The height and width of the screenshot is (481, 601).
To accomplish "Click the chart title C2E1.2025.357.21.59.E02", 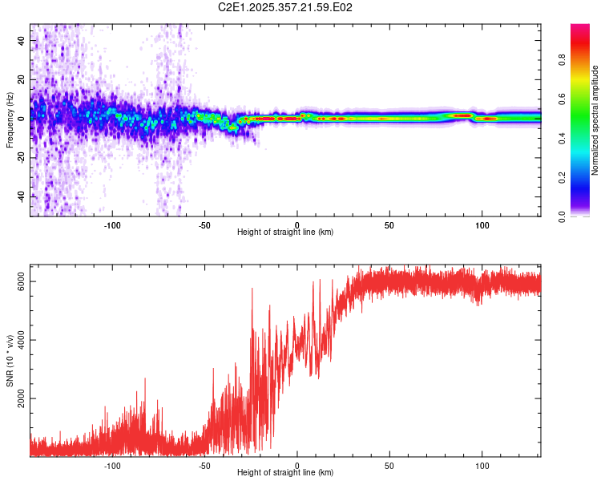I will pos(286,7).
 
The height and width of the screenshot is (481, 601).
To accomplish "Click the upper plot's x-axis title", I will pos(285,232).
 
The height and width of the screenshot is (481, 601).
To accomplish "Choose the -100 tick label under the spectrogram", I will pos(112,224).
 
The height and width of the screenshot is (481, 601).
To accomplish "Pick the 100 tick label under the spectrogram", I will pos(482,224).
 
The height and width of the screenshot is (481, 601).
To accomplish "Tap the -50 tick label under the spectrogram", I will pos(204,224).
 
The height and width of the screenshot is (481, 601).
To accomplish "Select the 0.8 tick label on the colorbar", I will pos(562,59).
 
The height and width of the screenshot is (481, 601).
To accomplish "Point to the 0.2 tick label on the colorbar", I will pos(562,177).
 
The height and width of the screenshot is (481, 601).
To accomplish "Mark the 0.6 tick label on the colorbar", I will pos(562,99).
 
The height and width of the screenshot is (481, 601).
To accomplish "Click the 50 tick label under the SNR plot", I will pos(389,465).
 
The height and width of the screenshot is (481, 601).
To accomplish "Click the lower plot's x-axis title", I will pos(285,473).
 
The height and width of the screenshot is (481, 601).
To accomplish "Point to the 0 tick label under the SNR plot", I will pos(297,465).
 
